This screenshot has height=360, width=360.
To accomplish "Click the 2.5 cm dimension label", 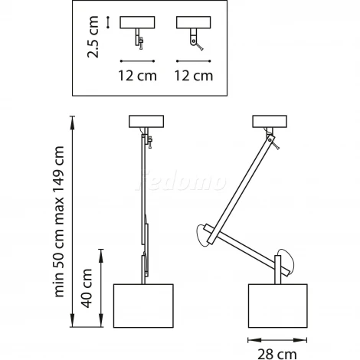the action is point(93,37).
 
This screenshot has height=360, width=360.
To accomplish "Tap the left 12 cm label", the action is point(137,76).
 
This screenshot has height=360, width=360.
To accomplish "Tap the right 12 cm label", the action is point(194,76).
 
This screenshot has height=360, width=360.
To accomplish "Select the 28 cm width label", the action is point(277,355).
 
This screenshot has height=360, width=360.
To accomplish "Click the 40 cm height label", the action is point(87,288).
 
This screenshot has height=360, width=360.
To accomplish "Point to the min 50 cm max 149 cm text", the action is point(59,221).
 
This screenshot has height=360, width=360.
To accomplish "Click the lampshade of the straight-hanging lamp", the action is point(143,306).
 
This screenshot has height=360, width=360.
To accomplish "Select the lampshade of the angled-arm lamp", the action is point(278,306).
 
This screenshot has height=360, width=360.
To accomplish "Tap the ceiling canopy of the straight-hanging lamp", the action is point(146,121).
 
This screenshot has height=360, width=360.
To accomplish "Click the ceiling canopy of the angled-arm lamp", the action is point(270,121).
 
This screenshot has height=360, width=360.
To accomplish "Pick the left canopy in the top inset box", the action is point(137,22).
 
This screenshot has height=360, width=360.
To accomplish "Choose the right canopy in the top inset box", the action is point(194,22).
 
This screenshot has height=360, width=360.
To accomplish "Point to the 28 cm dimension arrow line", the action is point(277,340).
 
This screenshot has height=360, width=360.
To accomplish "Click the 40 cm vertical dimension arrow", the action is point(101,288).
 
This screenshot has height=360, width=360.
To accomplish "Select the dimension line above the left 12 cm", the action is point(137,61).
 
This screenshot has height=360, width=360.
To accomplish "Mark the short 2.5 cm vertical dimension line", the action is point(108,22).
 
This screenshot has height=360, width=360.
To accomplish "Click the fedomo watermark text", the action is point(181,181).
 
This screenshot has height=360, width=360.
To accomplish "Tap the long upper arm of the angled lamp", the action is point(241,189).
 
